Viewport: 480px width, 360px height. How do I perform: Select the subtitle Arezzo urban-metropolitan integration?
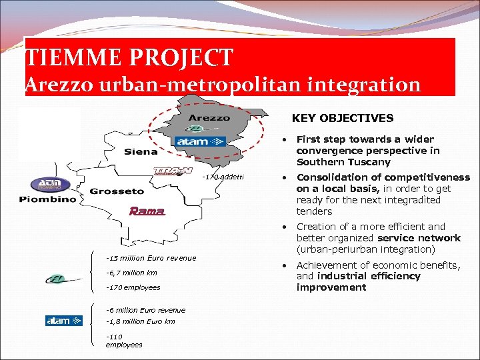coord(223,85)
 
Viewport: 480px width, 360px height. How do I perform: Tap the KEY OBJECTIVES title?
coord(343,118)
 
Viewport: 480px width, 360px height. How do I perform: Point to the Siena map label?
coord(141,152)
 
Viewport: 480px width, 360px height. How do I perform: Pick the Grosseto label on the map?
coord(117,191)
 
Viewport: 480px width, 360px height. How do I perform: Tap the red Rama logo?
coord(146,211)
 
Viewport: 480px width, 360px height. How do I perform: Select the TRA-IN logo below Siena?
coord(173,171)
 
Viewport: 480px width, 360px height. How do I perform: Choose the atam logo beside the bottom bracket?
coord(63,321)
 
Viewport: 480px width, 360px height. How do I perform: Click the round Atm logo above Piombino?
coord(45,184)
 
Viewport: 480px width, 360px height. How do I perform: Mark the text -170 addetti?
coord(223,177)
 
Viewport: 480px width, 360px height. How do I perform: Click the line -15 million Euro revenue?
coord(151,258)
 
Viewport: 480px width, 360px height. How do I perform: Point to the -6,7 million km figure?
coord(131,273)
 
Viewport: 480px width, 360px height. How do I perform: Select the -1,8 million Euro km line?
coord(140,321)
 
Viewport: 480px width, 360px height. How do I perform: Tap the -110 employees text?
coord(123,340)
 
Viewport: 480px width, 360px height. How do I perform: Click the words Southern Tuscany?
coord(343,162)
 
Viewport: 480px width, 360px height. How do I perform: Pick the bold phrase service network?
coord(419,238)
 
